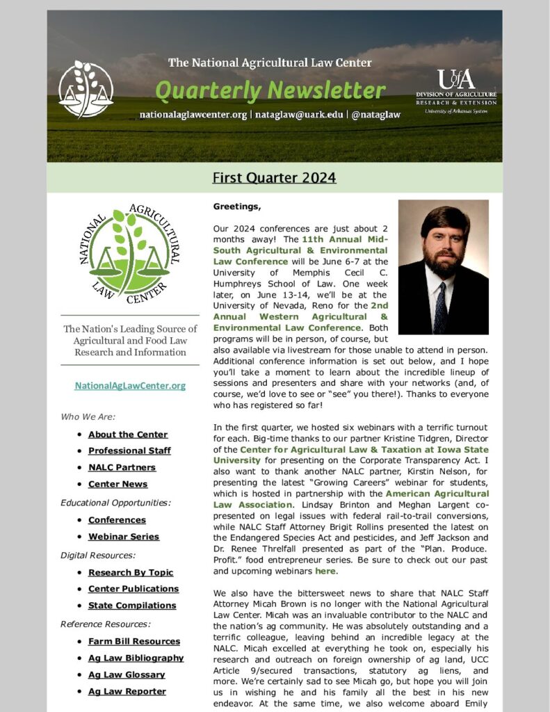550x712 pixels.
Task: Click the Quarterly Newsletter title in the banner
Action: pyautogui.click(x=270, y=90)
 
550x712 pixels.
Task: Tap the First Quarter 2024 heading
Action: pyautogui.click(x=274, y=178)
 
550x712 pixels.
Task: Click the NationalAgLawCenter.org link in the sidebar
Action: pyautogui.click(x=130, y=385)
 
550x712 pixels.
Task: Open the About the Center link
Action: pyautogui.click(x=128, y=435)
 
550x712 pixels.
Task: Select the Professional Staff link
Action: pyautogui.click(x=129, y=451)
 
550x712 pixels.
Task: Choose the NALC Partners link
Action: pyautogui.click(x=122, y=467)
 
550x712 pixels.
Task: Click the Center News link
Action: pyautogui.click(x=118, y=484)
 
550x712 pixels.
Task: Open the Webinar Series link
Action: pyautogui.click(x=124, y=537)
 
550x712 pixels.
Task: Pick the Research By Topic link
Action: pyautogui.click(x=131, y=572)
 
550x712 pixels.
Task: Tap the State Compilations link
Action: pyautogui.click(x=132, y=606)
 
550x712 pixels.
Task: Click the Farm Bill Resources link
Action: pyautogui.click(x=134, y=641)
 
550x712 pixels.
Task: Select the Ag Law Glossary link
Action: pyautogui.click(x=127, y=674)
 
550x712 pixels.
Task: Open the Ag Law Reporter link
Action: pyautogui.click(x=127, y=691)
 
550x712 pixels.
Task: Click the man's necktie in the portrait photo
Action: pyautogui.click(x=439, y=309)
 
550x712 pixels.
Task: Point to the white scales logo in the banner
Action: pyautogui.click(x=86, y=89)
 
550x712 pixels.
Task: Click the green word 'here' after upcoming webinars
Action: pyautogui.click(x=325, y=571)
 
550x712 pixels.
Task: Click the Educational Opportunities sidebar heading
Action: pyautogui.click(x=115, y=503)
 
